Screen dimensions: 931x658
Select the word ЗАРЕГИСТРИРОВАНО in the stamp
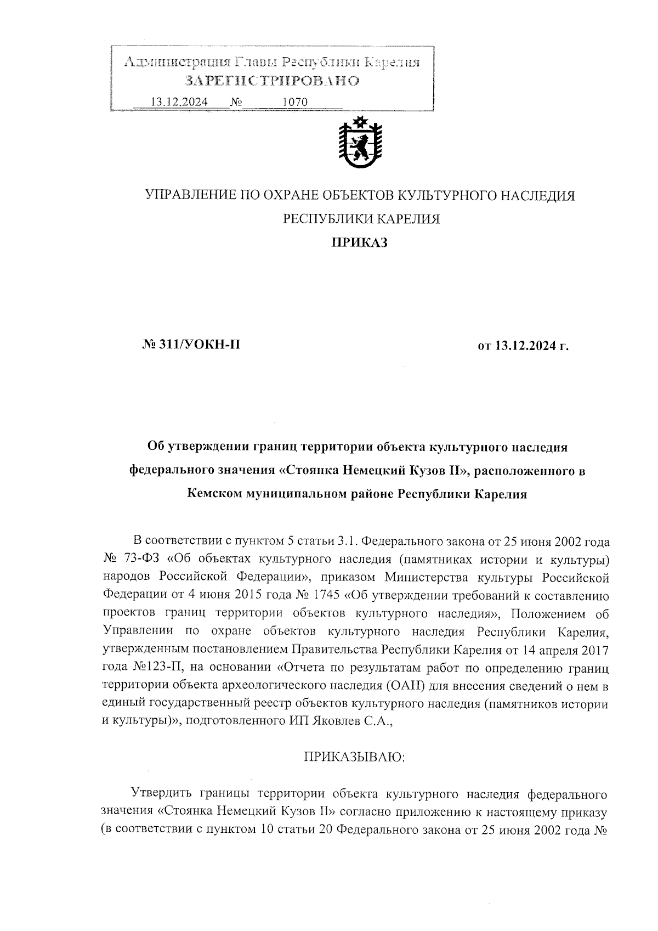coord(273,81)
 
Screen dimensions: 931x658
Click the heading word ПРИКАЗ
coord(359,242)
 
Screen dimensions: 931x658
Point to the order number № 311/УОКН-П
coord(191,345)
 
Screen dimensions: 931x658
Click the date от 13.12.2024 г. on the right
coord(524,346)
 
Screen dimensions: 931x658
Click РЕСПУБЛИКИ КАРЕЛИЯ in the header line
coord(361,219)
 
